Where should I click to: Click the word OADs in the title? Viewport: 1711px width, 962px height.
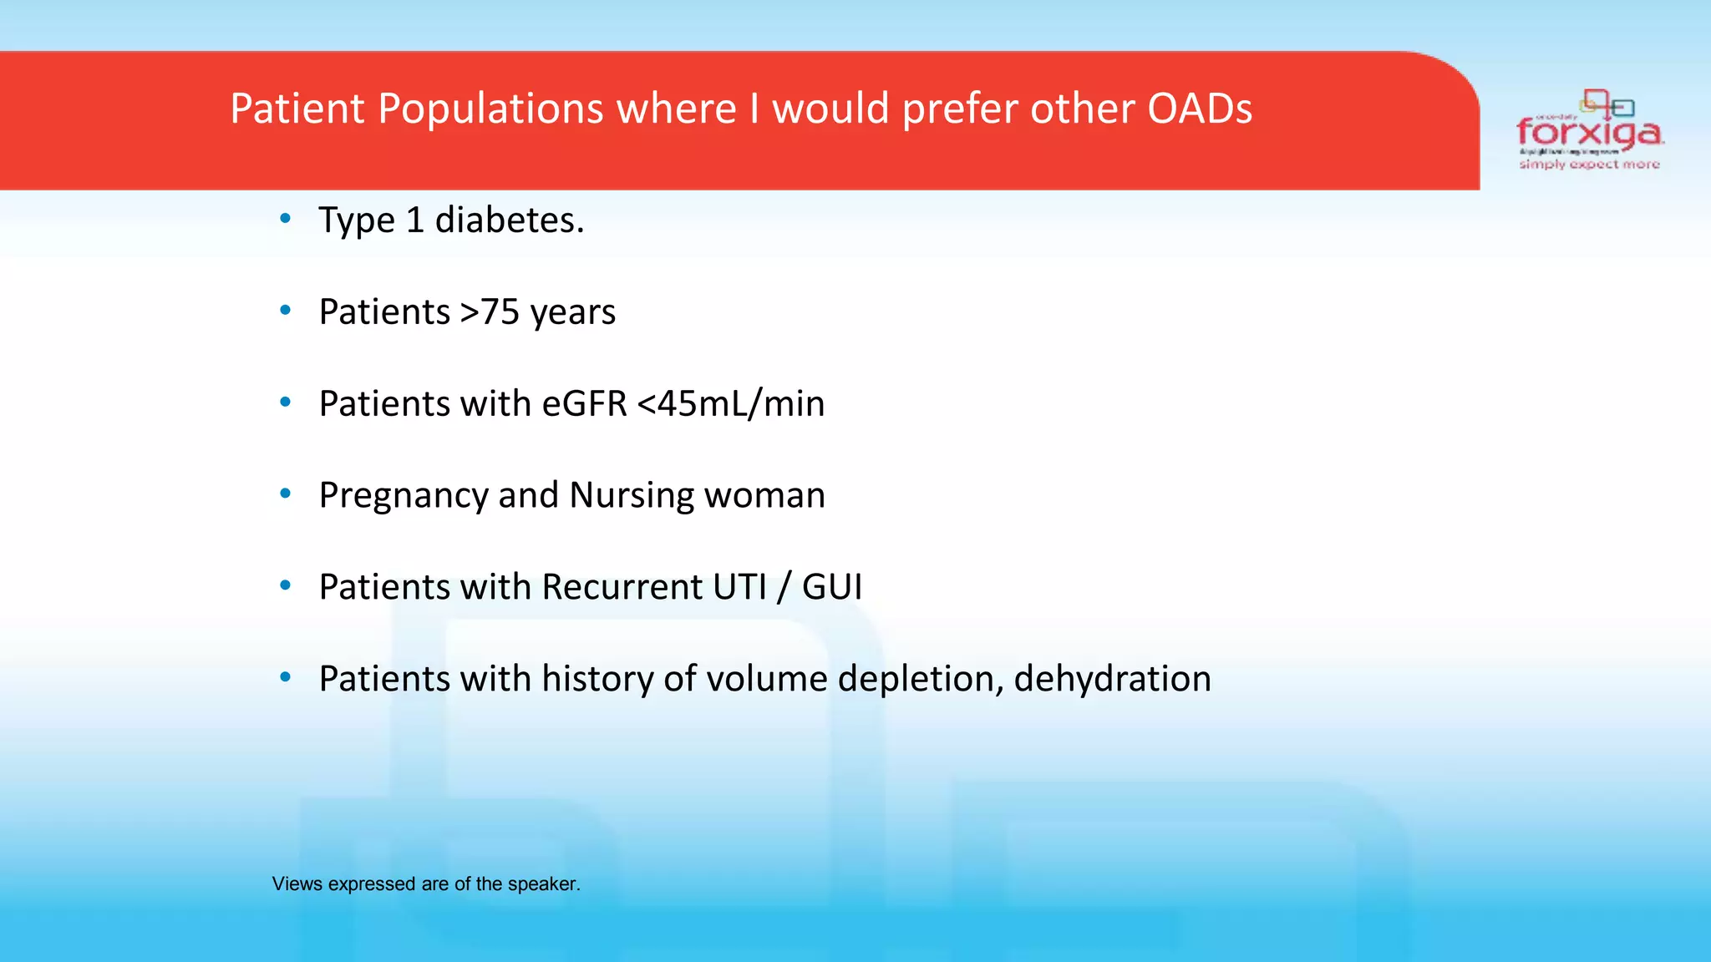[1200, 109]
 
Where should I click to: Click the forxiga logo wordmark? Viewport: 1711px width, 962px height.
[1589, 132]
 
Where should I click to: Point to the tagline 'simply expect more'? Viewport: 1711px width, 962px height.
[1589, 165]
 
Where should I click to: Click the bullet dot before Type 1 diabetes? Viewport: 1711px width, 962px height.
[286, 219]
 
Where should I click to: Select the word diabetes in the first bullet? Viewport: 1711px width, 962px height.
[509, 220]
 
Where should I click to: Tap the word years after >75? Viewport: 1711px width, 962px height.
[573, 314]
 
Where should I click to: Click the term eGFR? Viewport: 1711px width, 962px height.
[584, 403]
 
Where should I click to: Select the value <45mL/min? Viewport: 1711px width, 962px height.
[731, 403]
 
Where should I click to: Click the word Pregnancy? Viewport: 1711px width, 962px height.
[403, 496]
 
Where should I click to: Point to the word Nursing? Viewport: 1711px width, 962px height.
[632, 496]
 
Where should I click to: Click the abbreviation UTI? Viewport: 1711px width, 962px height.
[739, 587]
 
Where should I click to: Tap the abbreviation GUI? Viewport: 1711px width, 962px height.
[832, 587]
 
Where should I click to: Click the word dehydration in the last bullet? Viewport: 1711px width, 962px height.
[1112, 679]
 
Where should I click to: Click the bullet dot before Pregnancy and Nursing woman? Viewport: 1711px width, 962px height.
[286, 494]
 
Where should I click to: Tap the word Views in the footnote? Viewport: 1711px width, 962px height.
[297, 884]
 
